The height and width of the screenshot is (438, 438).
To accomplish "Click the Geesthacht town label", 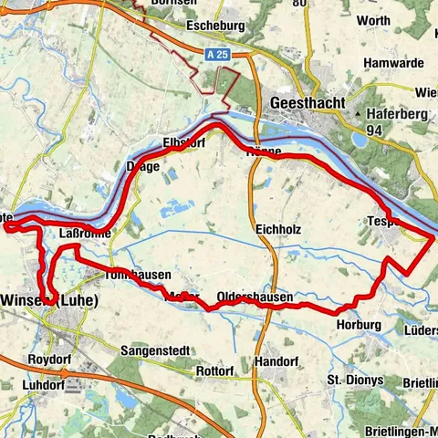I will (308, 104).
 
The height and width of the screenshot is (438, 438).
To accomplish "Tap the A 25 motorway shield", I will (214, 55).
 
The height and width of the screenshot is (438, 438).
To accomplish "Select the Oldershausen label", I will (255, 297).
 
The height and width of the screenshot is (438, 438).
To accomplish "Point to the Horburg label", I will (357, 324).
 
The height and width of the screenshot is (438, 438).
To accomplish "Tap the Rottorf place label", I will (215, 371).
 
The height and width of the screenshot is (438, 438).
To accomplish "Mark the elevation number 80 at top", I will (298, 4).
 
